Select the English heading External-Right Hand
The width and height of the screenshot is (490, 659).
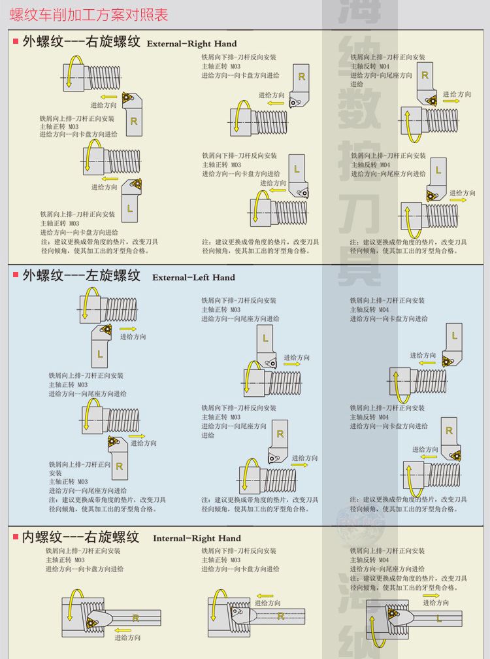[x=188, y=44]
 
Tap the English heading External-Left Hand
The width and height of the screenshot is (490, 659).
[x=193, y=277]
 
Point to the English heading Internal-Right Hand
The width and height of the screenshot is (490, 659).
[x=197, y=538]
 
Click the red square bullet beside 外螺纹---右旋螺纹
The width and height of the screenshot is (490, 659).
[x=15, y=42]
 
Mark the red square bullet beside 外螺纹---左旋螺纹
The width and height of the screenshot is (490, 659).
[x=15, y=275]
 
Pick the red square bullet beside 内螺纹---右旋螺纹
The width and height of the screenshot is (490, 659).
[x=15, y=536]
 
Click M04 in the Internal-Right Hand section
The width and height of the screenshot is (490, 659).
[x=384, y=560]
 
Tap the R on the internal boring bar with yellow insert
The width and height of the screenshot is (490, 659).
[x=135, y=617]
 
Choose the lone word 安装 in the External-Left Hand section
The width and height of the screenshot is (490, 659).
[x=55, y=473]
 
